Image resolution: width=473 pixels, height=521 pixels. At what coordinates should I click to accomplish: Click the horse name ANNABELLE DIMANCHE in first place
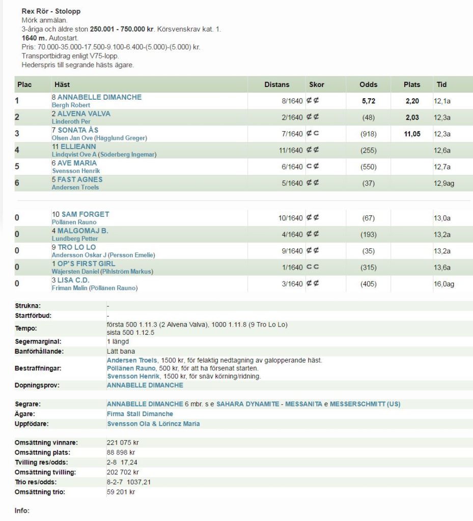[x=99, y=97]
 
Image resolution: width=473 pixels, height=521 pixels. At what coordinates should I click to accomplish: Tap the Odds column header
[x=368, y=84]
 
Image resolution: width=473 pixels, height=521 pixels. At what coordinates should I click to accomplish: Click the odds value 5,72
[x=368, y=101]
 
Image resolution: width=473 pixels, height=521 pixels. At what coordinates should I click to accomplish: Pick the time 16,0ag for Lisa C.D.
[x=443, y=284]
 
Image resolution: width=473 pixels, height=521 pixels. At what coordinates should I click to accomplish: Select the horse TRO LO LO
[x=77, y=247]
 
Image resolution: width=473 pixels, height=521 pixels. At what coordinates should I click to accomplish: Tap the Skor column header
[x=316, y=84]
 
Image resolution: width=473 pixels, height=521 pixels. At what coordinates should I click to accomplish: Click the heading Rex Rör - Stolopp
[x=51, y=11]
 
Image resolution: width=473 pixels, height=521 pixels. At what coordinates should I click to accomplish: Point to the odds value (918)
[x=368, y=134]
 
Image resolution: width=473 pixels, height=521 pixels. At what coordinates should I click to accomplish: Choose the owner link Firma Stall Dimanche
[x=140, y=414]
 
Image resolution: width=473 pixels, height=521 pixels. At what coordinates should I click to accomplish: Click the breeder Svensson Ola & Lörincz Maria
[x=153, y=424]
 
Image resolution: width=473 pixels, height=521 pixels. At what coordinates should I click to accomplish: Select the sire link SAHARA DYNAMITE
[x=248, y=404]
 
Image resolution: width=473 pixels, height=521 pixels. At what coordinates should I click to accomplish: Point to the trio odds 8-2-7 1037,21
[x=129, y=482]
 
